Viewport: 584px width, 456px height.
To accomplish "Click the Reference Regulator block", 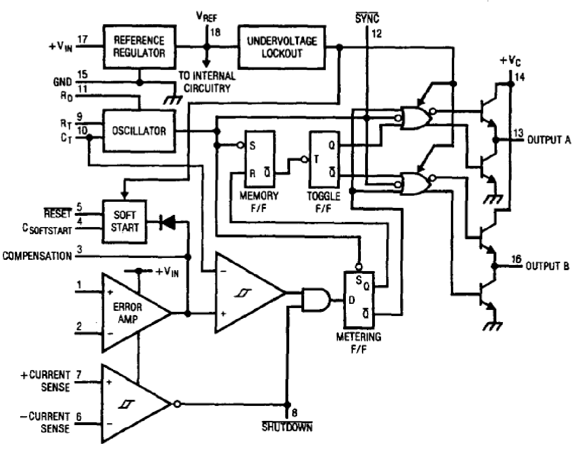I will [139, 47].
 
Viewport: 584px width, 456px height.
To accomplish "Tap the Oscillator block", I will [139, 131].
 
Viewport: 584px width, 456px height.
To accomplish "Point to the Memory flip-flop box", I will [259, 160].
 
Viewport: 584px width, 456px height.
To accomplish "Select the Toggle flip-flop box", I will [324, 160].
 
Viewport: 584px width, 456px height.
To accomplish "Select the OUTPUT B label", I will [547, 266].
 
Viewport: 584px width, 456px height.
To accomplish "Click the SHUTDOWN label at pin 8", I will [287, 427].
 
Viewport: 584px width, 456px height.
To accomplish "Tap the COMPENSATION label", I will [37, 256].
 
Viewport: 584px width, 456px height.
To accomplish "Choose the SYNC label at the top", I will [367, 19].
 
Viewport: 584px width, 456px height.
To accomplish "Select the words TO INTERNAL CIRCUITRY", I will [206, 81].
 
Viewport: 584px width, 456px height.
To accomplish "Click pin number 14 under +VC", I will [520, 76].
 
